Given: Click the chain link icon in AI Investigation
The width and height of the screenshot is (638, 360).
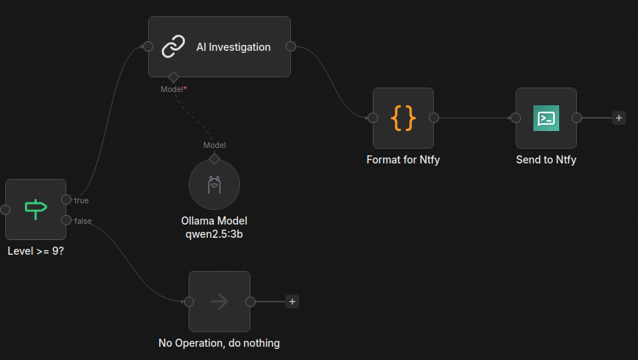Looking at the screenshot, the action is click(x=173, y=46).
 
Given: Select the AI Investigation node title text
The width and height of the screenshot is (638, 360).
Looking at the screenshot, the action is click(x=234, y=47).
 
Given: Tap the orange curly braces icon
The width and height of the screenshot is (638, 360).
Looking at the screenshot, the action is click(x=403, y=118).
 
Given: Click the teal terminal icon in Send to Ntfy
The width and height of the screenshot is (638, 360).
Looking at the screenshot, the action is click(x=546, y=118).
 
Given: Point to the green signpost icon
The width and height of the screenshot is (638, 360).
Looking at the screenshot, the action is click(x=36, y=210).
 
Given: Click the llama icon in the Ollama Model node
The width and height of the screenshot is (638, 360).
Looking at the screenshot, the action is click(x=214, y=184).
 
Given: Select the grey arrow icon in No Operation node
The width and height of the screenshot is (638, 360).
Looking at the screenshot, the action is click(x=220, y=301).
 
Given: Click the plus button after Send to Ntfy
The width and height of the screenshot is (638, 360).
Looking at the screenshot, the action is click(x=619, y=118).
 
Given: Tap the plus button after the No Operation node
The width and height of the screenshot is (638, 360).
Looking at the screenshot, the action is click(x=292, y=301).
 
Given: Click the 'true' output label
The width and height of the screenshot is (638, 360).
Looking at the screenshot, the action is click(x=81, y=200).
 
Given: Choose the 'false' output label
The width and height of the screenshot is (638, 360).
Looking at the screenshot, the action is click(x=83, y=221).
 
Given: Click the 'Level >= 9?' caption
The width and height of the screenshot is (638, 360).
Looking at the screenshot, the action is click(x=36, y=251).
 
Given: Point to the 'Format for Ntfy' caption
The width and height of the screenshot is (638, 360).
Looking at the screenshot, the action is click(x=403, y=160).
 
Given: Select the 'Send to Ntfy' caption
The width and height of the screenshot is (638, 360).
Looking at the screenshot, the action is click(x=546, y=160).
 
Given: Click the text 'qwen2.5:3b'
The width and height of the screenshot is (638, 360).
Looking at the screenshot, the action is click(x=214, y=234).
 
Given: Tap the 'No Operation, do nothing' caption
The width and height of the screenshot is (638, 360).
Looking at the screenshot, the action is click(x=219, y=343).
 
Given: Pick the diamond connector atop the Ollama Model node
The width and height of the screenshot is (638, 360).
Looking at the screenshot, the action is click(x=214, y=158).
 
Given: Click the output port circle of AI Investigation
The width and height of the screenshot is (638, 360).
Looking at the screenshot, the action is click(x=291, y=46).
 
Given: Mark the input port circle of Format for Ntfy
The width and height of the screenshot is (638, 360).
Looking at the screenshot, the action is click(x=373, y=118).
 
